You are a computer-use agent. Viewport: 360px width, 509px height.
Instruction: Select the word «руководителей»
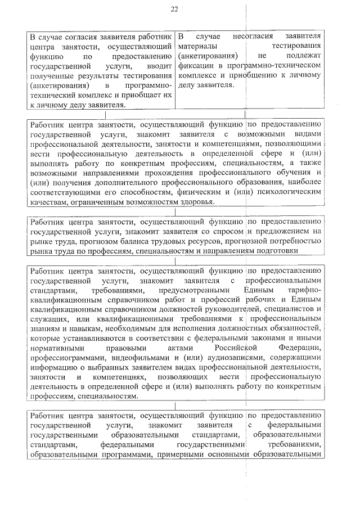[x=229, y=308]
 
